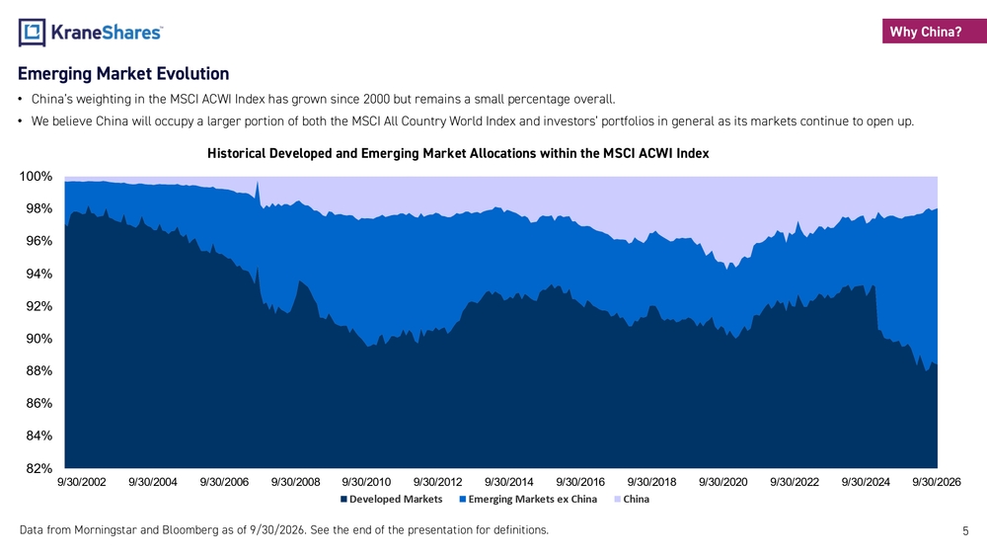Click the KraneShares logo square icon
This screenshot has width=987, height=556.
click(32, 33)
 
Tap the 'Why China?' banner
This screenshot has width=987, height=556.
click(934, 32)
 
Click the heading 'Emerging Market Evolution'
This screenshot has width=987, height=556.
click(123, 74)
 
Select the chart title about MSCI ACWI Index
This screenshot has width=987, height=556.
click(458, 153)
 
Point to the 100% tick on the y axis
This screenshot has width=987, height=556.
click(36, 177)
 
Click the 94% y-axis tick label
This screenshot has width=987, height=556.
click(39, 274)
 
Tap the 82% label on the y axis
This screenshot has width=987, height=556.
click(39, 468)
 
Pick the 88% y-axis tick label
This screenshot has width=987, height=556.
click(39, 371)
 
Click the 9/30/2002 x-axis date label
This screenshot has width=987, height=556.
click(82, 482)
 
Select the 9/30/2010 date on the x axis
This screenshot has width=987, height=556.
click(366, 482)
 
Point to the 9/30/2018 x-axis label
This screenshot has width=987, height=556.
click(651, 482)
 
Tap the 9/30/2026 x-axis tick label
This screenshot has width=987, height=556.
click(937, 482)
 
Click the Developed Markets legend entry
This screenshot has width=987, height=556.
click(392, 499)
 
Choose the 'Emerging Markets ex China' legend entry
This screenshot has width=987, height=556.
click(528, 499)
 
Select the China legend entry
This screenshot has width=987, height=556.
click(632, 499)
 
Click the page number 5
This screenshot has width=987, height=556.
click(965, 530)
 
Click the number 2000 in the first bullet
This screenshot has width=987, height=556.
click(376, 99)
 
